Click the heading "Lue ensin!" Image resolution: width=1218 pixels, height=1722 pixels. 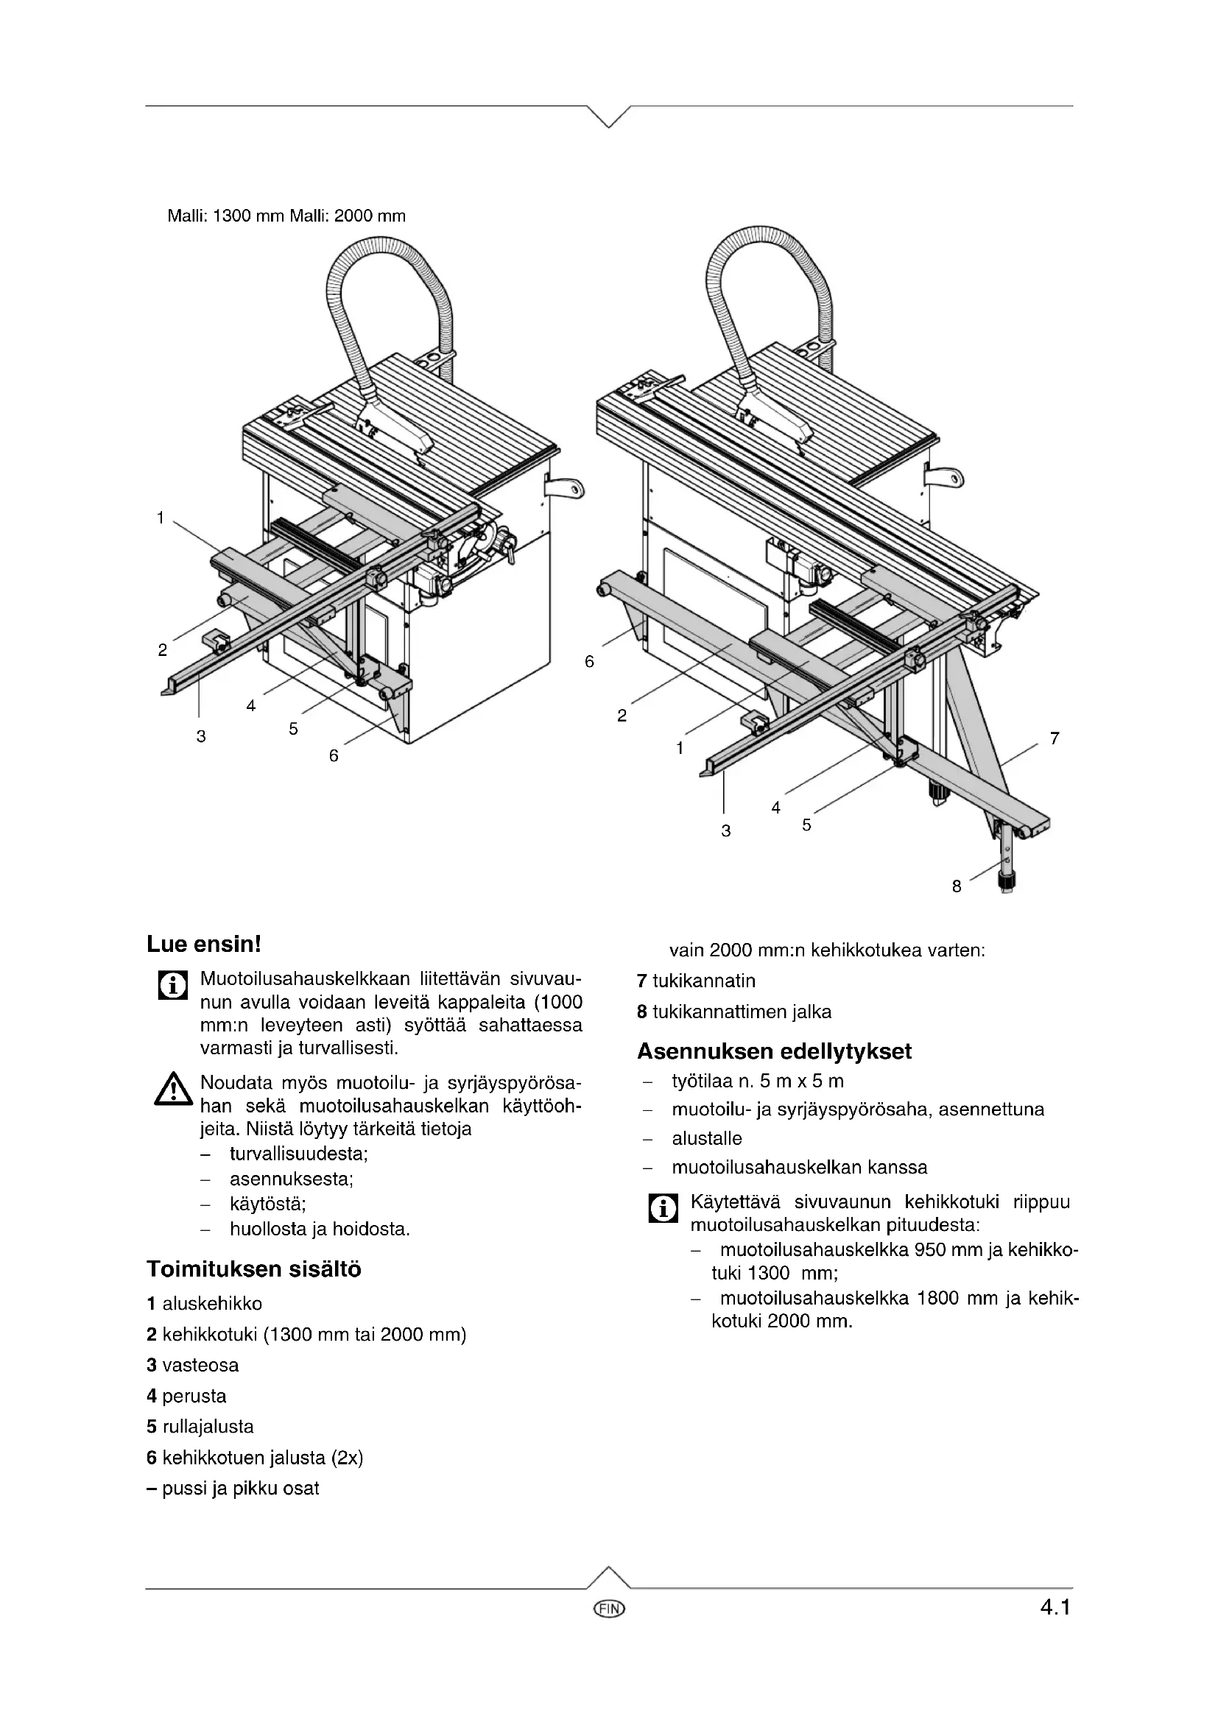coord(203,945)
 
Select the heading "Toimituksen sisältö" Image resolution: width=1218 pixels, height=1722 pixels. coord(253,1270)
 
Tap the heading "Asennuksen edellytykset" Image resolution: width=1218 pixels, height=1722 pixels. coord(774,1051)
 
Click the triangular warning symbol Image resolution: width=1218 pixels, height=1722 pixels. coord(172,1089)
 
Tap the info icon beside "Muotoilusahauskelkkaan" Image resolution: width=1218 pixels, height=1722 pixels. coord(172,986)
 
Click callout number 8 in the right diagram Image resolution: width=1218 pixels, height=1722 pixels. coord(957,886)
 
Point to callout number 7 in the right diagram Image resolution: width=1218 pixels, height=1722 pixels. coord(1055,738)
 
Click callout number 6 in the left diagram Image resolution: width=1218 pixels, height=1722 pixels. coord(334,756)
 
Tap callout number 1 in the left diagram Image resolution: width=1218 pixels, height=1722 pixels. coord(161,518)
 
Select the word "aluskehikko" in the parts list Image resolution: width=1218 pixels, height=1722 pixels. coord(212,1305)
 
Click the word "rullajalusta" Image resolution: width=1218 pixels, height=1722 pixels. coord(208,1427)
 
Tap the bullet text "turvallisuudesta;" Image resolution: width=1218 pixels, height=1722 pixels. coord(298,1154)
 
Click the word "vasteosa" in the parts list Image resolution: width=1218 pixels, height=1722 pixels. coord(200,1365)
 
